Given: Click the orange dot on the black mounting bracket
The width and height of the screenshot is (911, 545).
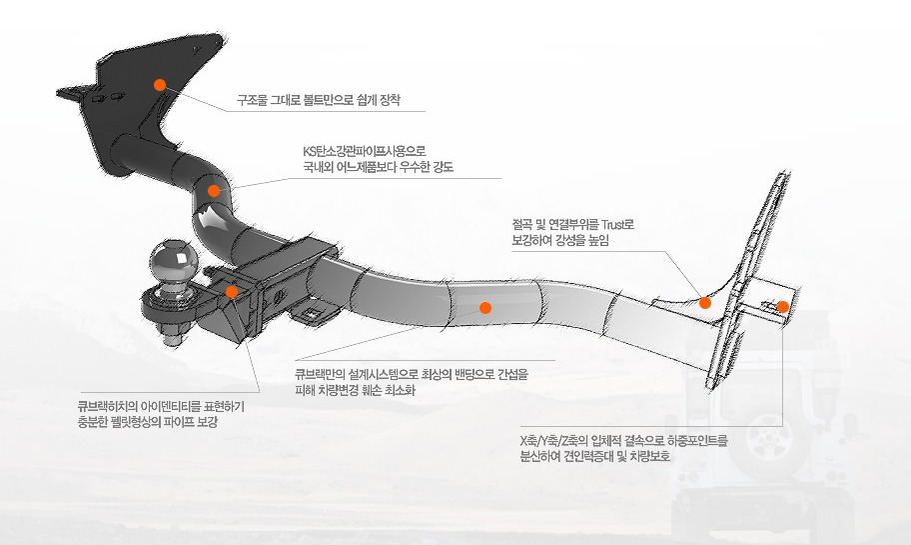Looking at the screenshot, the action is (x=160, y=85).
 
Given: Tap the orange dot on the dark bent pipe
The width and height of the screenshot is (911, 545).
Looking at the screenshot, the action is (x=214, y=191).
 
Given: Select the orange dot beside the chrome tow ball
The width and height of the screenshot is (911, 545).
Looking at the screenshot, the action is (x=231, y=292).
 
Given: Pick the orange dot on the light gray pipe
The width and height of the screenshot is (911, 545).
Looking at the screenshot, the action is (x=485, y=308).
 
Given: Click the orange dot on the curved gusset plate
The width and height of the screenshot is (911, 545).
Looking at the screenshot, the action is (x=705, y=303).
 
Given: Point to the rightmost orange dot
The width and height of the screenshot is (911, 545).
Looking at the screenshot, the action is (x=783, y=307).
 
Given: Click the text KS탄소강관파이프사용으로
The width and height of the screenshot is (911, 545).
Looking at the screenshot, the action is (x=365, y=151).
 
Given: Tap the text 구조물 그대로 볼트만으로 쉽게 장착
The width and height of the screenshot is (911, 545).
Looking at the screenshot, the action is (x=319, y=100).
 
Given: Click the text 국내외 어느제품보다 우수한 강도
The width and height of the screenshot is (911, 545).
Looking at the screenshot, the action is (x=378, y=168).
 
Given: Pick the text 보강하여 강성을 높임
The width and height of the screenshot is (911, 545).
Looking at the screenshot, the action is (x=560, y=240).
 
